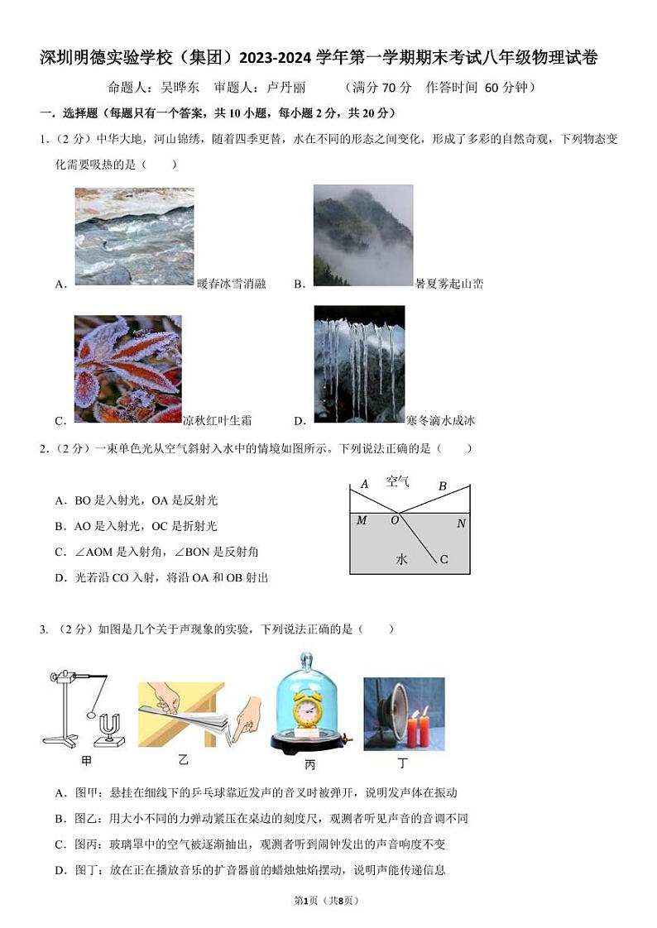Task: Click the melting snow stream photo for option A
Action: point(134,237)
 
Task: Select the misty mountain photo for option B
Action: point(362,235)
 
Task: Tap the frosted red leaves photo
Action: point(127,369)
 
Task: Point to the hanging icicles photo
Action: point(359,364)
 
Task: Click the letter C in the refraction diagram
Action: point(444,560)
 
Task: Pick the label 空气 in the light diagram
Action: point(397,481)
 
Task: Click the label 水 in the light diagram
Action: point(401,560)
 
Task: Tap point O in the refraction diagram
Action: point(395,520)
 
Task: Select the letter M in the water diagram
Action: point(362,520)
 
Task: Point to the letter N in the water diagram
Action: point(461,524)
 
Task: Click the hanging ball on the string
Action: point(91,710)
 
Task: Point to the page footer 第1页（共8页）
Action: point(328,901)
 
